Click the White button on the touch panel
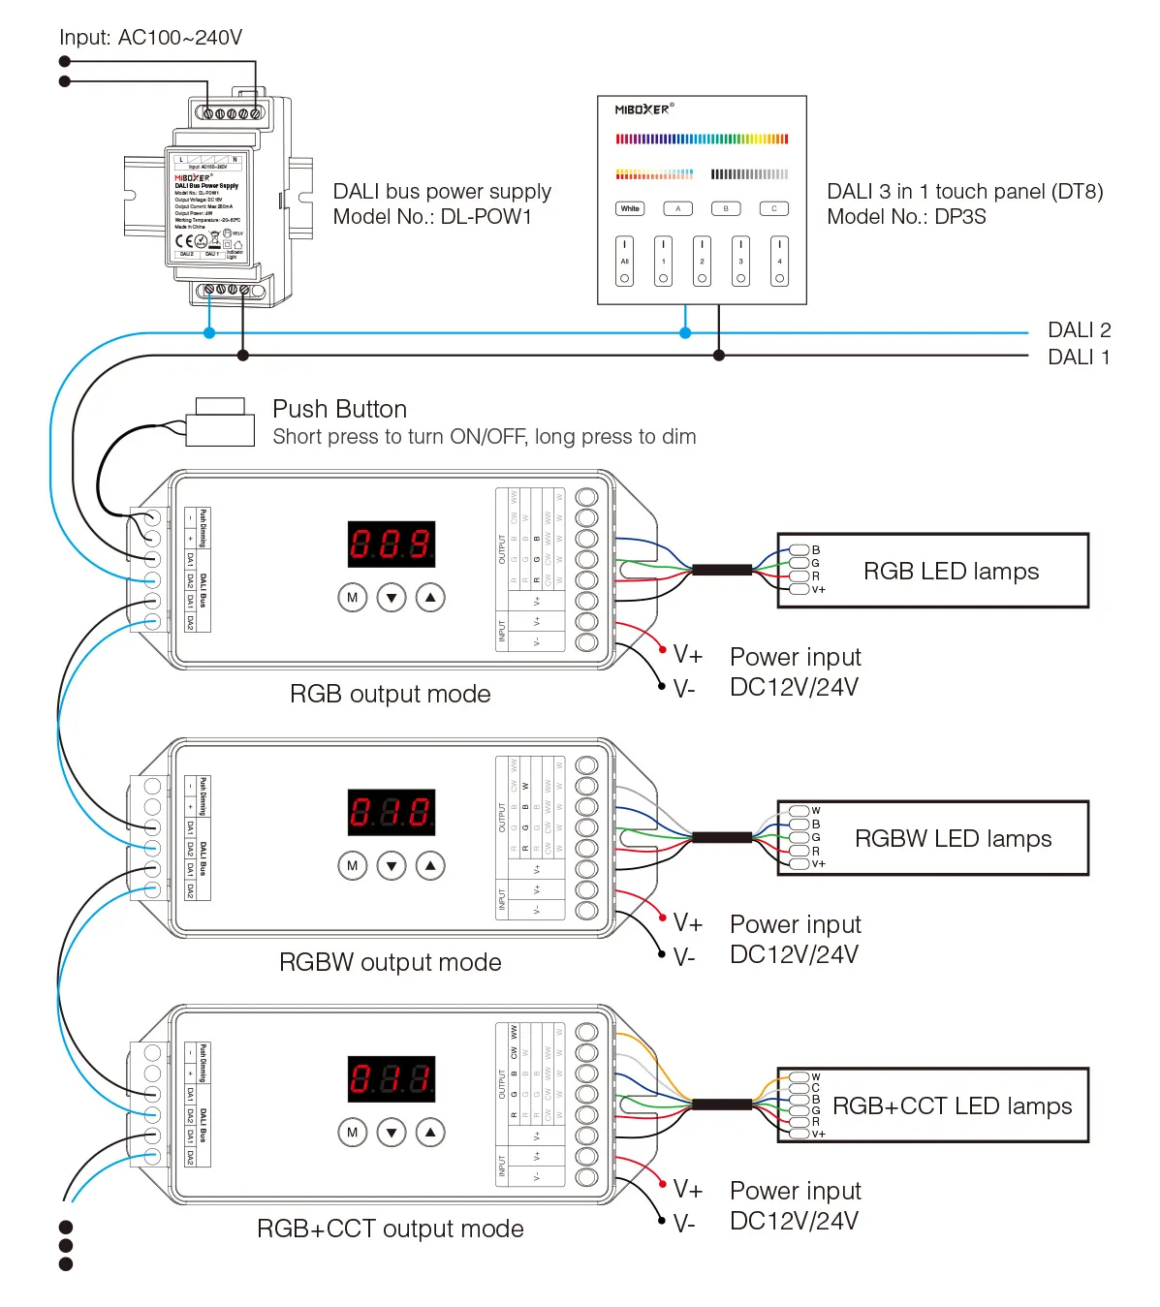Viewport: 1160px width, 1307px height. (630, 208)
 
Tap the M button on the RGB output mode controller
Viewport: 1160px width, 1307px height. (352, 598)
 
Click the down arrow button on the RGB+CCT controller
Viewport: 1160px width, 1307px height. (392, 1132)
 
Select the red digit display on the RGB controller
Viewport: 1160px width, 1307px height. (392, 545)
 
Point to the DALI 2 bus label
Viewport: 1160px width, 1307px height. (1079, 330)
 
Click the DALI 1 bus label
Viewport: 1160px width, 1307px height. (1079, 358)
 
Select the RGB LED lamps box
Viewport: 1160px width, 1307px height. (933, 571)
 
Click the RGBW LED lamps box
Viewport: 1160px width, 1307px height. (933, 838)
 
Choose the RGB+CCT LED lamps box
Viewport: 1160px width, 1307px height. (933, 1105)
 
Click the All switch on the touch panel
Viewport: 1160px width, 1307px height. (625, 262)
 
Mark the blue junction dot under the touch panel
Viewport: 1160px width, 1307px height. (685, 332)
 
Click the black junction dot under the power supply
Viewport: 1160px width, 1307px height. (243, 356)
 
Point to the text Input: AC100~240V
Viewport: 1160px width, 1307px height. (150, 38)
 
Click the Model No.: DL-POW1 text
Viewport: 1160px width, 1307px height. (432, 217)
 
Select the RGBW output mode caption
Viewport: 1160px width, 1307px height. (391, 962)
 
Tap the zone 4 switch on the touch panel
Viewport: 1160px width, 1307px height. (779, 262)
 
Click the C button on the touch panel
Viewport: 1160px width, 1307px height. (773, 208)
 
